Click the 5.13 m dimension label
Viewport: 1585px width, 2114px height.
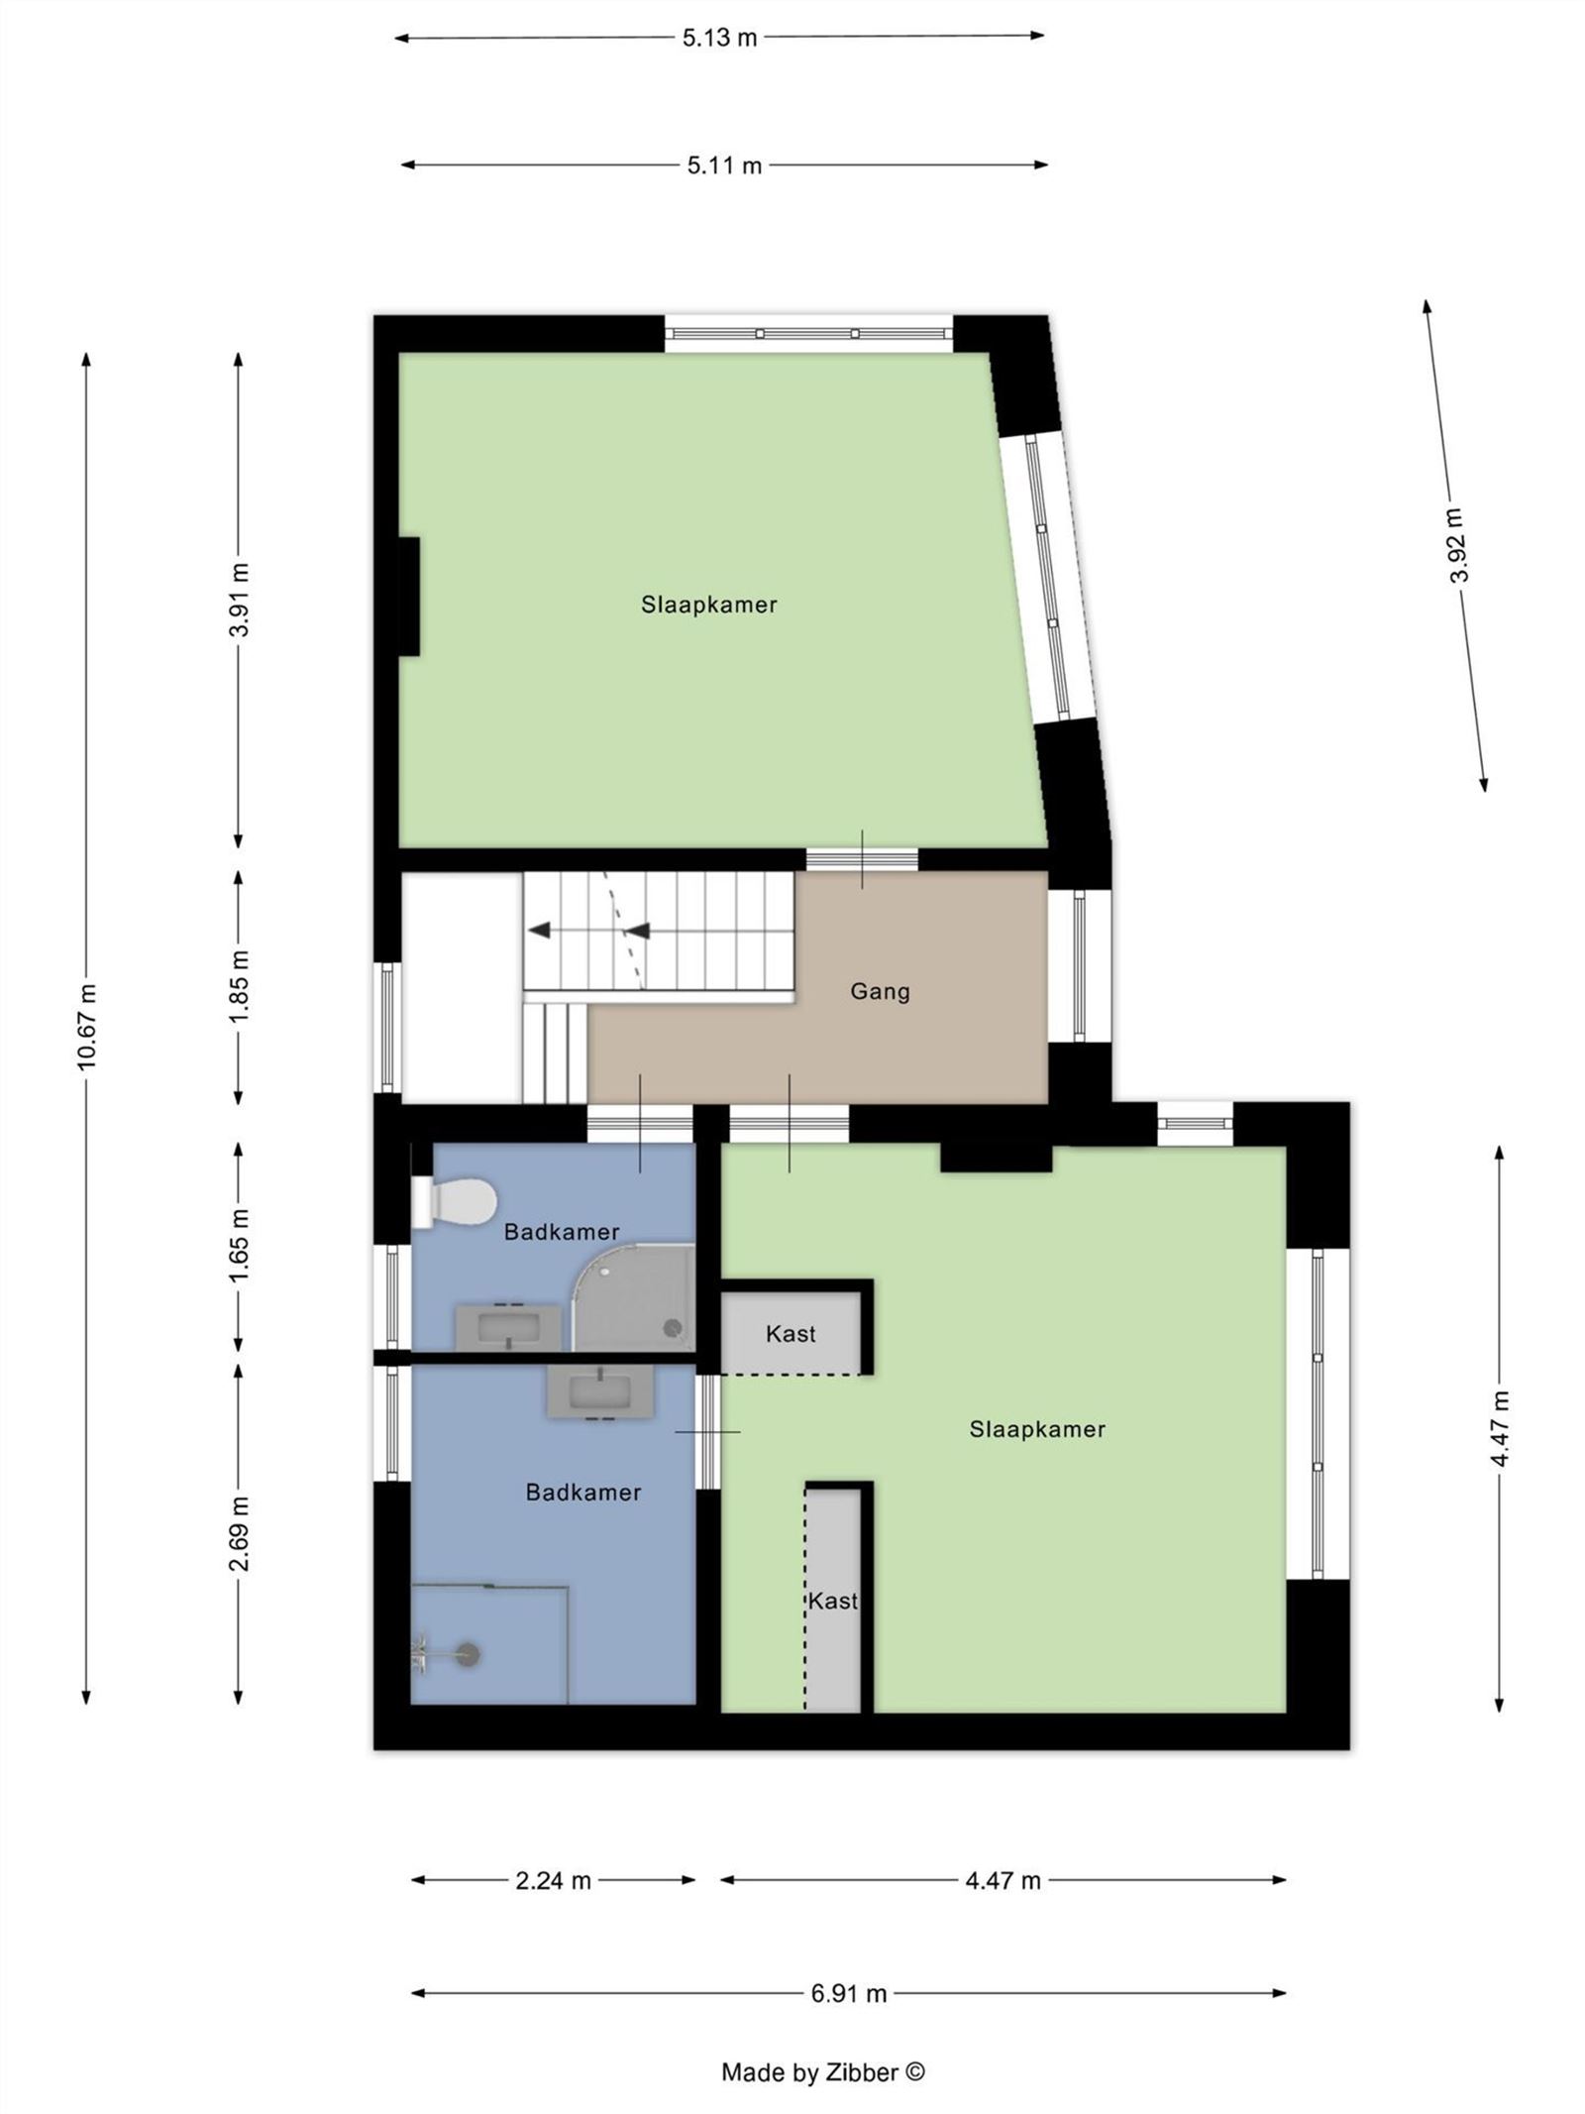718,38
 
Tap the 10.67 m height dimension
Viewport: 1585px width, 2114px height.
87,1026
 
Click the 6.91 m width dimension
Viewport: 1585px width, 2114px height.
848,1993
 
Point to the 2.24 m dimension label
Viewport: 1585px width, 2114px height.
553,1880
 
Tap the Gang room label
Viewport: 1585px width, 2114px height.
880,991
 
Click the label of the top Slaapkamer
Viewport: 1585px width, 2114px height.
708,605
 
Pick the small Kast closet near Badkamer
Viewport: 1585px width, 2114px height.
791,1333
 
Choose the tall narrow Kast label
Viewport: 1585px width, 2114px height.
832,1601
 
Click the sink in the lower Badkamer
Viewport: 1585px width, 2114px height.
599,1390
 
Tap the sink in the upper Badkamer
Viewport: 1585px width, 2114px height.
507,1326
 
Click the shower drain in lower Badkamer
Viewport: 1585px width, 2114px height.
467,1651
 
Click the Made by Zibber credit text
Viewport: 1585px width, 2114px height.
822,2071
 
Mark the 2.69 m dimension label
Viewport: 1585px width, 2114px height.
239,1534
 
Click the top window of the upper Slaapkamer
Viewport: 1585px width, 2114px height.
807,333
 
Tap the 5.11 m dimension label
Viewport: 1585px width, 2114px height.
724,166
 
